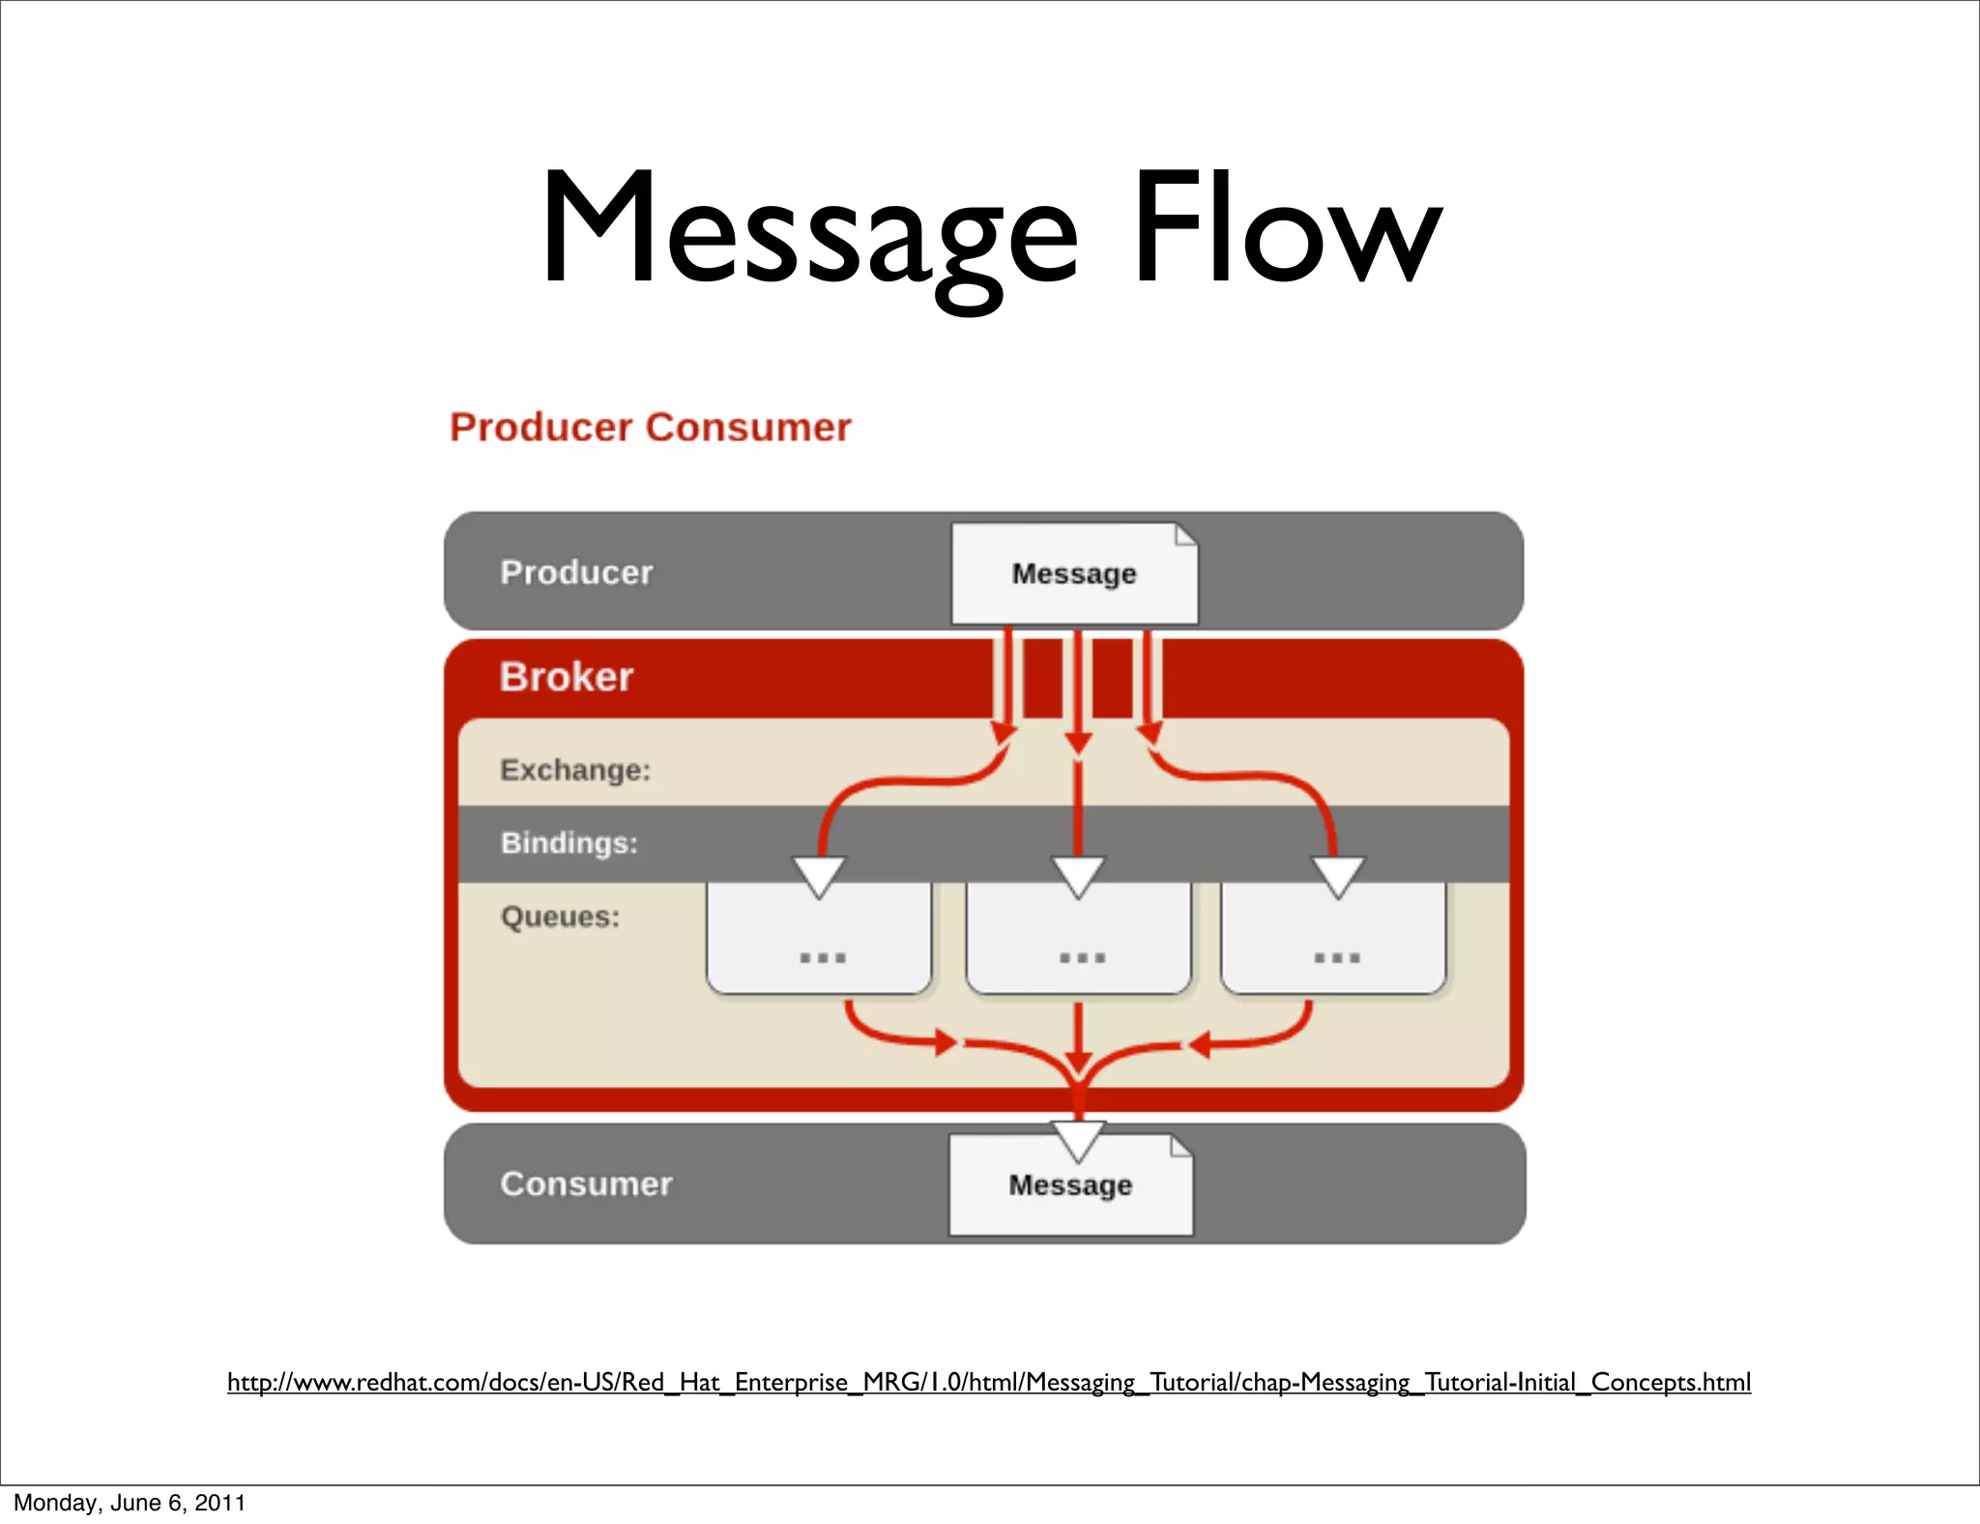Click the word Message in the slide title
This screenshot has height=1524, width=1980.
tap(808, 232)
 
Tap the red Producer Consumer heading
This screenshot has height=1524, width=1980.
tap(650, 427)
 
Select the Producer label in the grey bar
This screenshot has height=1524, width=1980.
tap(576, 572)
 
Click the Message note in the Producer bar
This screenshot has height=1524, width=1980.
tap(1073, 573)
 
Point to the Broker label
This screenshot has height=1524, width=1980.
tap(566, 677)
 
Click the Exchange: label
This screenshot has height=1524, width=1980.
tap(575, 770)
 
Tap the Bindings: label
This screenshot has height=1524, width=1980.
tap(569, 843)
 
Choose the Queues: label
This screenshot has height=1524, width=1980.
tap(560, 917)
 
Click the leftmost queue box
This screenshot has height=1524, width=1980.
tap(819, 943)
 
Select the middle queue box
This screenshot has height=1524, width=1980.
tap(1079, 943)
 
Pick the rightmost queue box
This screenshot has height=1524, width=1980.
tap(1334, 943)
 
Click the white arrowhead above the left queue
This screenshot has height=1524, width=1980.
tap(819, 874)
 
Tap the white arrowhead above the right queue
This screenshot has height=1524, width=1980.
tap(1338, 874)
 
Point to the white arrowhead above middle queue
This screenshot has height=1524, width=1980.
tap(1078, 874)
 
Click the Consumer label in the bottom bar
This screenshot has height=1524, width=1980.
tap(586, 1185)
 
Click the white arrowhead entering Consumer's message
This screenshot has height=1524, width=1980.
tap(1078, 1139)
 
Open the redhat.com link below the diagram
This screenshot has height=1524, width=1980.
tap(988, 1382)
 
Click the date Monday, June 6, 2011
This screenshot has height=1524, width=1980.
tap(130, 1503)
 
